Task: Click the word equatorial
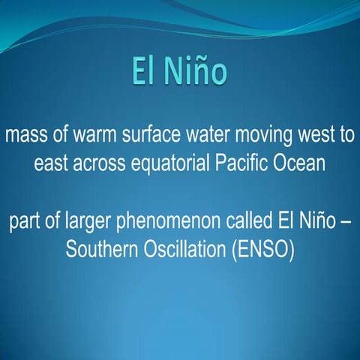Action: [175, 163]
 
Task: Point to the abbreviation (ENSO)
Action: [265, 249]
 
